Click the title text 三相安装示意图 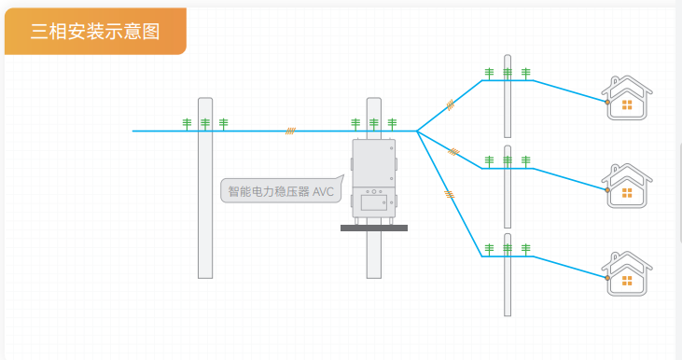(x=95, y=31)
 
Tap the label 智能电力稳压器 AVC (x=280, y=193)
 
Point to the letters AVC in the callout (x=323, y=193)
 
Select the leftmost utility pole (x=205, y=205)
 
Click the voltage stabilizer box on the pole (x=373, y=181)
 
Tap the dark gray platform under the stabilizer (x=373, y=227)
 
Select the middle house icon (x=627, y=184)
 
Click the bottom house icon (x=627, y=271)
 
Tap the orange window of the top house (x=627, y=104)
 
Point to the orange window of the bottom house (x=627, y=279)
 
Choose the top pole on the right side (x=508, y=103)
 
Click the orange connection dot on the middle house (x=607, y=189)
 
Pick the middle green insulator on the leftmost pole (x=205, y=123)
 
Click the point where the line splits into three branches (x=416, y=132)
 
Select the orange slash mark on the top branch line (x=450, y=105)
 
